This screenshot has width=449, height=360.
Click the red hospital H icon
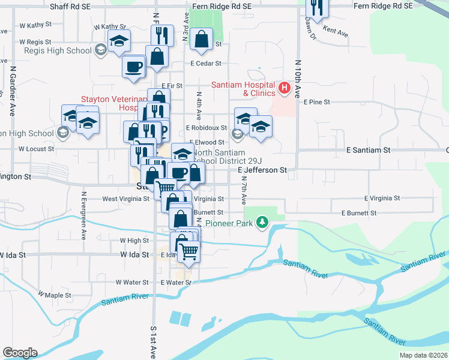[285, 89]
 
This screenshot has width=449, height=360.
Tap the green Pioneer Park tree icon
[262, 223]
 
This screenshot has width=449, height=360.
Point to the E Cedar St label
[206, 63]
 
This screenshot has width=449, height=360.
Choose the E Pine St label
[317, 102]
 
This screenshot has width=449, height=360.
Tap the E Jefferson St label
[262, 170]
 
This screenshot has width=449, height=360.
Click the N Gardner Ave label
[12, 90]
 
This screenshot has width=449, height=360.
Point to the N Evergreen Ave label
[84, 216]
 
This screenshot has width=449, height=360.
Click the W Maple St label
[55, 295]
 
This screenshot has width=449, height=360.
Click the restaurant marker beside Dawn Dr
[316, 7]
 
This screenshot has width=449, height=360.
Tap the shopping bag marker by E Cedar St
[201, 40]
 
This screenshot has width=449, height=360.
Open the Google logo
[20, 353]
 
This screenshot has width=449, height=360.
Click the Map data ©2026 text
[423, 355]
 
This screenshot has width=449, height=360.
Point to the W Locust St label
[36, 148]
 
